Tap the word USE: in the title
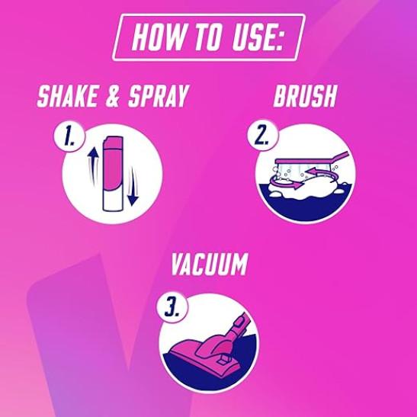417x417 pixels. (258, 37)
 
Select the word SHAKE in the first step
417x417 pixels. (67, 96)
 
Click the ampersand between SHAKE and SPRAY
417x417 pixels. (113, 96)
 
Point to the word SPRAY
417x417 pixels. (158, 96)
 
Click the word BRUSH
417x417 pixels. (305, 96)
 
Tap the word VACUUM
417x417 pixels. (210, 264)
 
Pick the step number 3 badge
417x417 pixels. (172, 308)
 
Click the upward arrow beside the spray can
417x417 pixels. (93, 165)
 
